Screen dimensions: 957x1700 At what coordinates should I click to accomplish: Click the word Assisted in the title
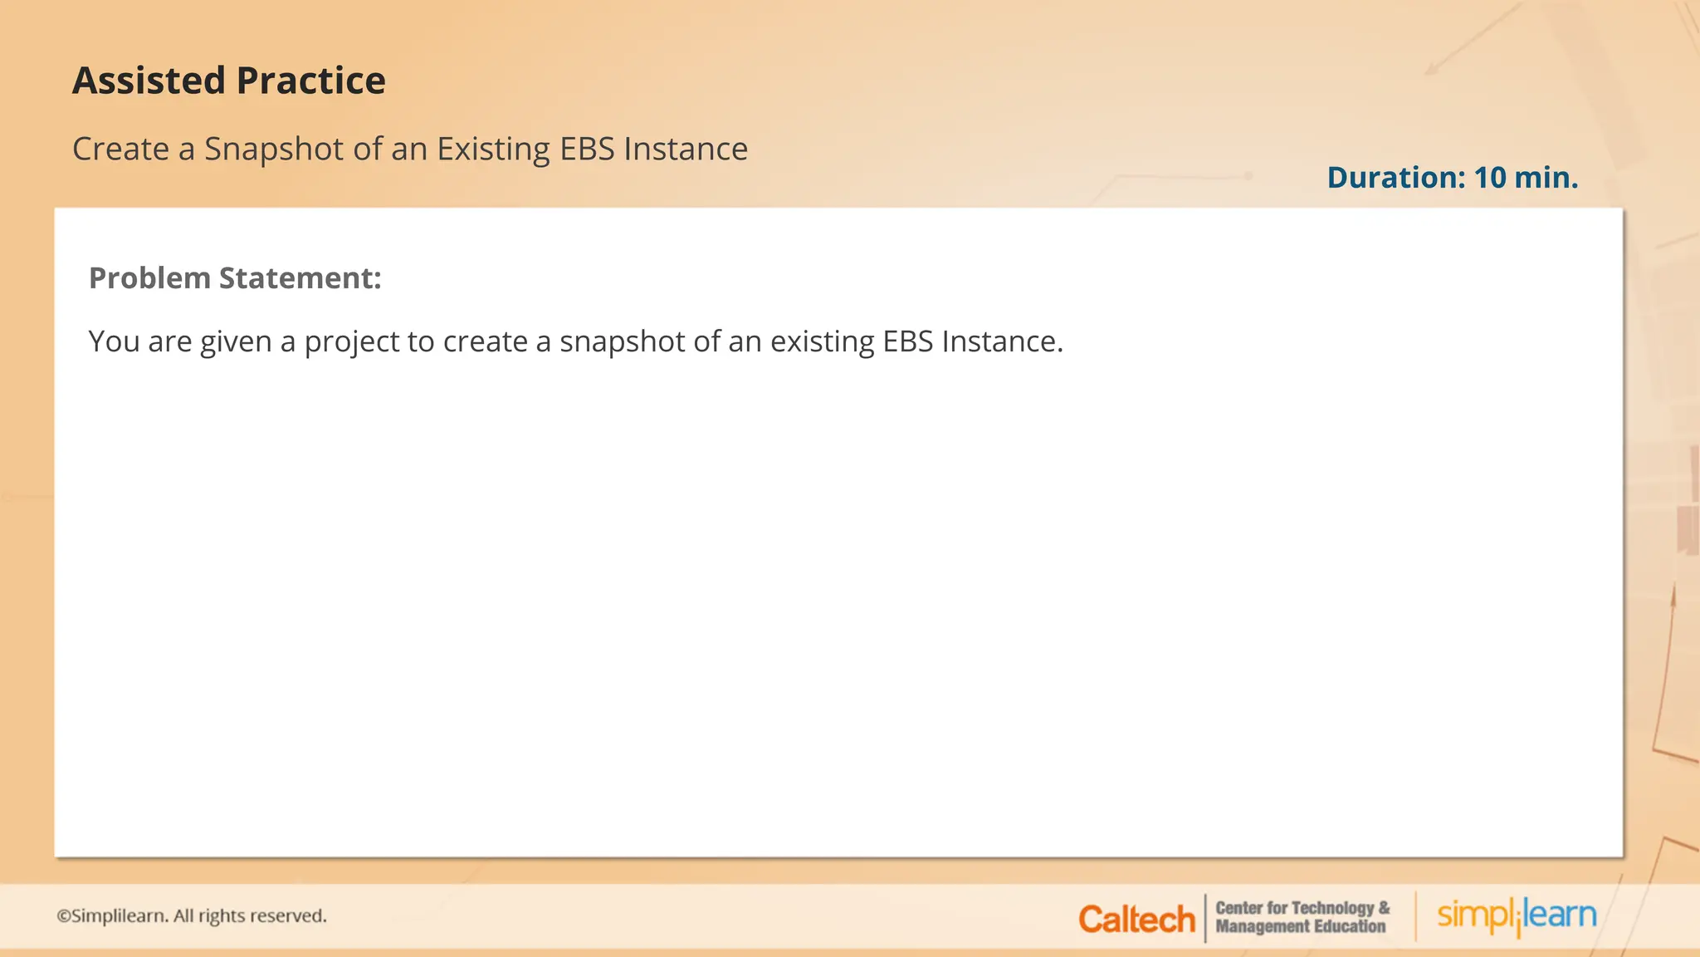149,81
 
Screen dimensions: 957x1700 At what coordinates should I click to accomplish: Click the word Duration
1396,178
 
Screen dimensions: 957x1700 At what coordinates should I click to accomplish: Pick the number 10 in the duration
1490,178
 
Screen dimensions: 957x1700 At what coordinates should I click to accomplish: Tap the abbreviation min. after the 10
1546,178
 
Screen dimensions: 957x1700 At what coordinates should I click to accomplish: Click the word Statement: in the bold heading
300,278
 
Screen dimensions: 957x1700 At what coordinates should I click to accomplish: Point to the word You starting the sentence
114,341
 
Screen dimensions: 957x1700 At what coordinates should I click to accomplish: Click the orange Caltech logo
1136,920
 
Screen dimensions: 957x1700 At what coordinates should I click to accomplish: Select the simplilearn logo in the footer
1517,916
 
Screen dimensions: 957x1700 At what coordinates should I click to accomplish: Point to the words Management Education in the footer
1300,927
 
